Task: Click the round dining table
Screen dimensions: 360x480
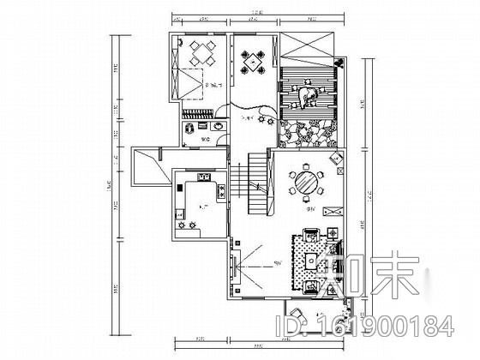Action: (306, 182)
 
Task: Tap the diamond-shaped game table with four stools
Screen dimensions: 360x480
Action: (252, 63)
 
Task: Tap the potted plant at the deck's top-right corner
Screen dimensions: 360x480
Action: (340, 64)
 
